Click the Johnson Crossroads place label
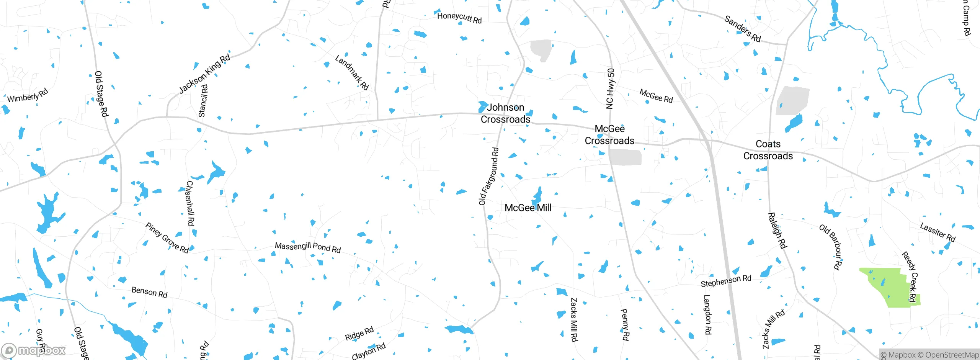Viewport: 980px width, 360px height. [x=505, y=113]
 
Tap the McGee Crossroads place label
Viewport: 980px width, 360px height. [x=609, y=135]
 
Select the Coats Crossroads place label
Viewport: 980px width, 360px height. [x=768, y=150]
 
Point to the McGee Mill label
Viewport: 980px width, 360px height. [x=528, y=208]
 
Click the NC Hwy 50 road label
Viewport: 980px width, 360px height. [x=610, y=88]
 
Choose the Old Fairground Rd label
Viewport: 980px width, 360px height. [x=489, y=176]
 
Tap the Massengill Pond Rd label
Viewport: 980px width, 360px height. [x=308, y=247]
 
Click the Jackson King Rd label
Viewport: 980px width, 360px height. [x=204, y=74]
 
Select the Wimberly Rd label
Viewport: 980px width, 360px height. [x=28, y=95]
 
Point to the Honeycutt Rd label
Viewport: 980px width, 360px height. [x=459, y=18]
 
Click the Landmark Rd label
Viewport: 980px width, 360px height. [x=352, y=72]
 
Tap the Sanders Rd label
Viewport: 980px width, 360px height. [x=742, y=29]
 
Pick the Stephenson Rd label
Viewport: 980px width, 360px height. [x=726, y=281]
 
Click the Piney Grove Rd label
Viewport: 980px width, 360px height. [x=167, y=238]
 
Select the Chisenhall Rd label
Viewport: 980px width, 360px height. [x=190, y=203]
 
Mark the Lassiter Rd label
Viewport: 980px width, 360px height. [x=938, y=232]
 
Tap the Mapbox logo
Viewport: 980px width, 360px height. [x=34, y=350]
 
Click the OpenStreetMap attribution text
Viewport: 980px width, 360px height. [x=952, y=355]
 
